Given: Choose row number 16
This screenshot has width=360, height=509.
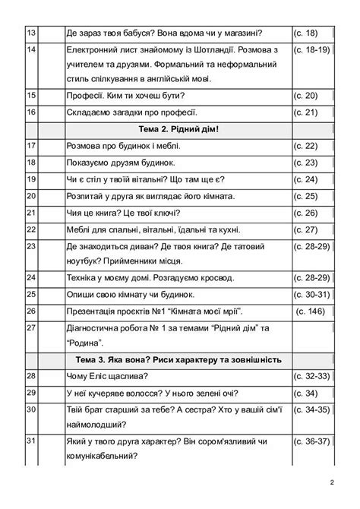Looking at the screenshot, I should (31, 112).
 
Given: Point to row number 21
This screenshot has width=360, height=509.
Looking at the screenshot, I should (31, 213).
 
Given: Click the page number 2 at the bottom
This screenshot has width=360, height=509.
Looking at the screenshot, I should (332, 482).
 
